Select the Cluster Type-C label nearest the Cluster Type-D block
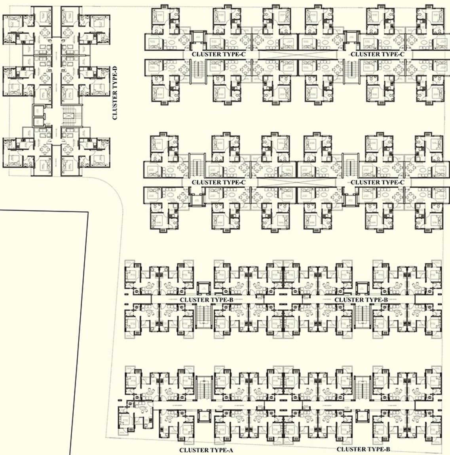pyautogui.click(x=218, y=54)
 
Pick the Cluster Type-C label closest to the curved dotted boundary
pyautogui.click(x=218, y=182)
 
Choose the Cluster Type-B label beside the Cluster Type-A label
pyautogui.click(x=363, y=449)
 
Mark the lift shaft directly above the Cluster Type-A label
pyautogui.click(x=204, y=416)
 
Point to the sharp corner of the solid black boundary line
pyautogui.click(x=88, y=213)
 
